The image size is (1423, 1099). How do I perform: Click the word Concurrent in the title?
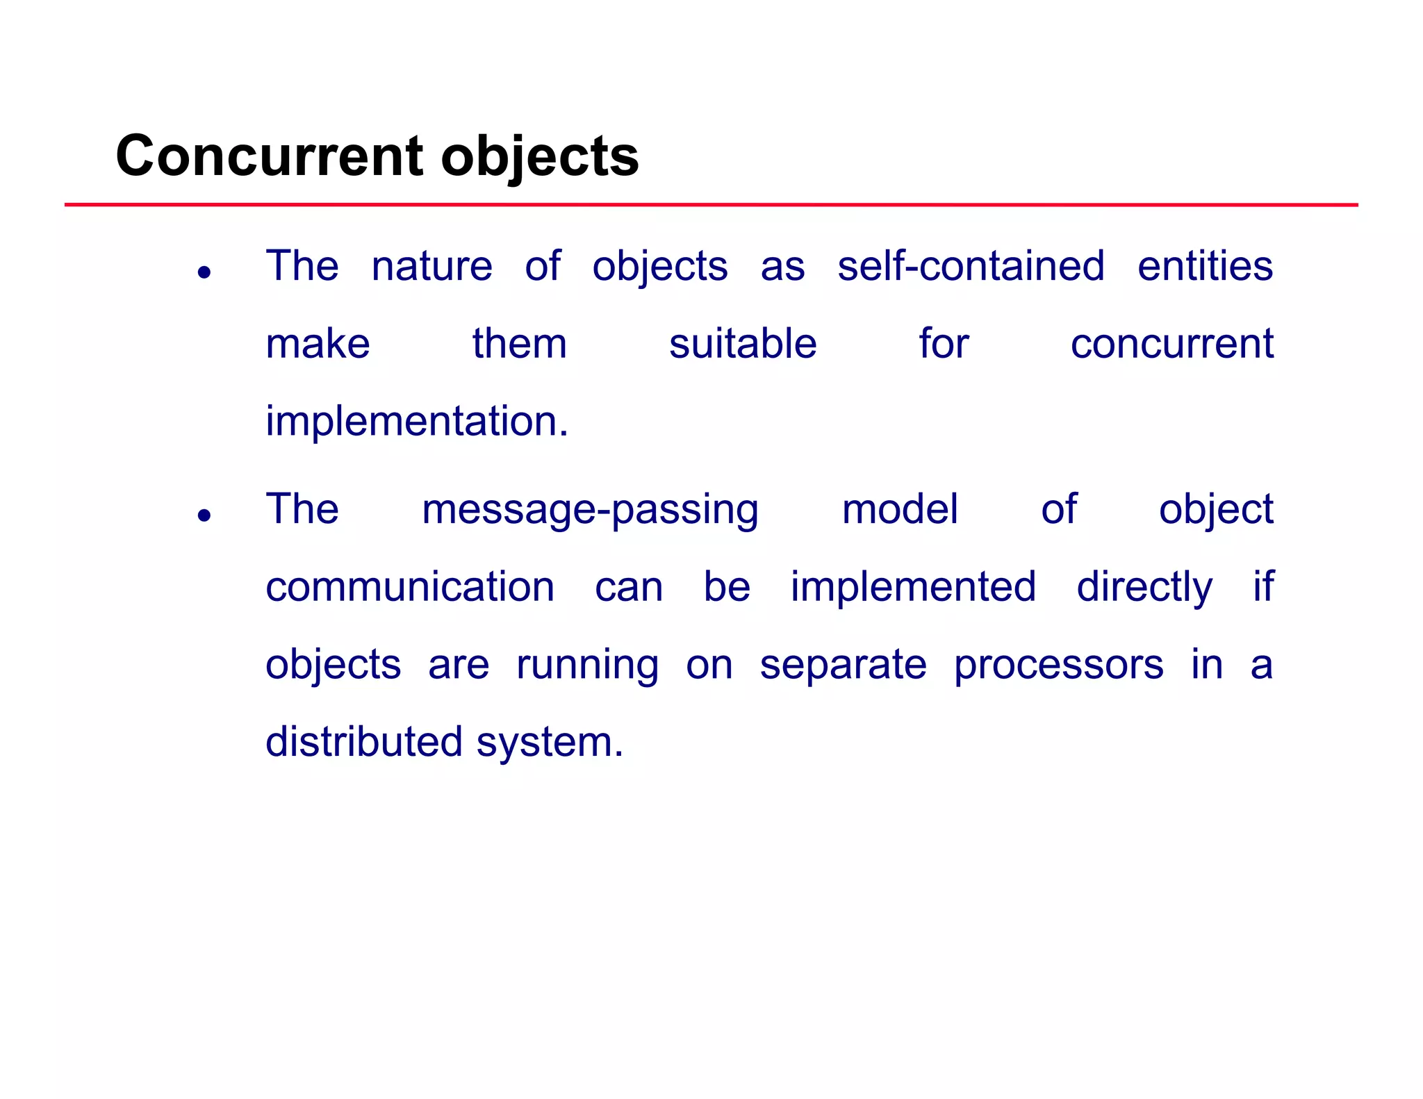click(269, 156)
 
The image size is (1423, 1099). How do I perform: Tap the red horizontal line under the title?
click(711, 205)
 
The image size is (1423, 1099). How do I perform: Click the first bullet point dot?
click(204, 272)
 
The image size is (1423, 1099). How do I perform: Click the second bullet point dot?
click(204, 515)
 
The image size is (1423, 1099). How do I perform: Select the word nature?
click(431, 266)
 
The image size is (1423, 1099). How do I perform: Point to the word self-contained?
click(971, 266)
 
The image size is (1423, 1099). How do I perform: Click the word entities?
click(1205, 266)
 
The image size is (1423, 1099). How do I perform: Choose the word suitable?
click(742, 344)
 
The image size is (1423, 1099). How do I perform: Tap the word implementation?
click(416, 422)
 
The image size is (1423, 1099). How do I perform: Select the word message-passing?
click(590, 510)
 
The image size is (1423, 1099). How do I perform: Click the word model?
click(900, 509)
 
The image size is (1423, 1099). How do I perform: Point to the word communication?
click(410, 587)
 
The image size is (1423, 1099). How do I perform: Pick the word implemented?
click(913, 587)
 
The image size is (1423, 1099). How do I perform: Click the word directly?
click(1144, 588)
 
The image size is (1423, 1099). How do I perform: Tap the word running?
click(587, 666)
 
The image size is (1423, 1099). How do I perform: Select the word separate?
click(843, 666)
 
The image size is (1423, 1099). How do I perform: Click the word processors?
click(1058, 666)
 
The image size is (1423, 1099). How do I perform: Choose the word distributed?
click(364, 742)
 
